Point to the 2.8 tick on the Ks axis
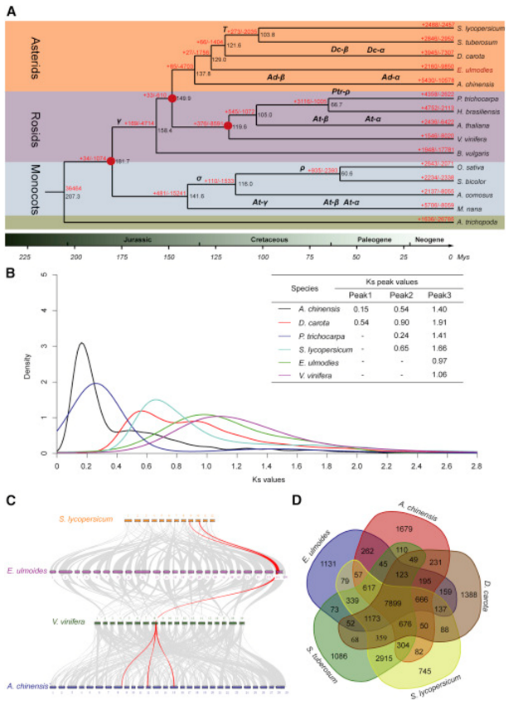point(477,466)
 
